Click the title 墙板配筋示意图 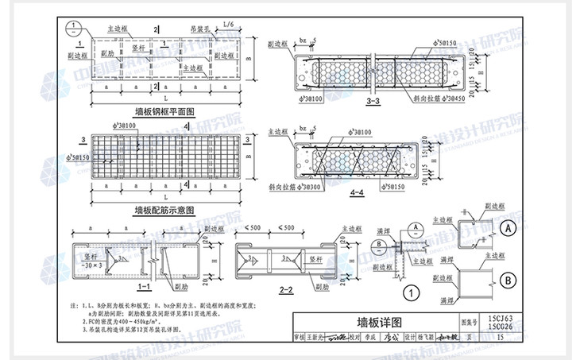point(164,210)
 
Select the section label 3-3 point(373,103)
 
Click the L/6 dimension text point(229,27)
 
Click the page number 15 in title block point(499,337)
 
